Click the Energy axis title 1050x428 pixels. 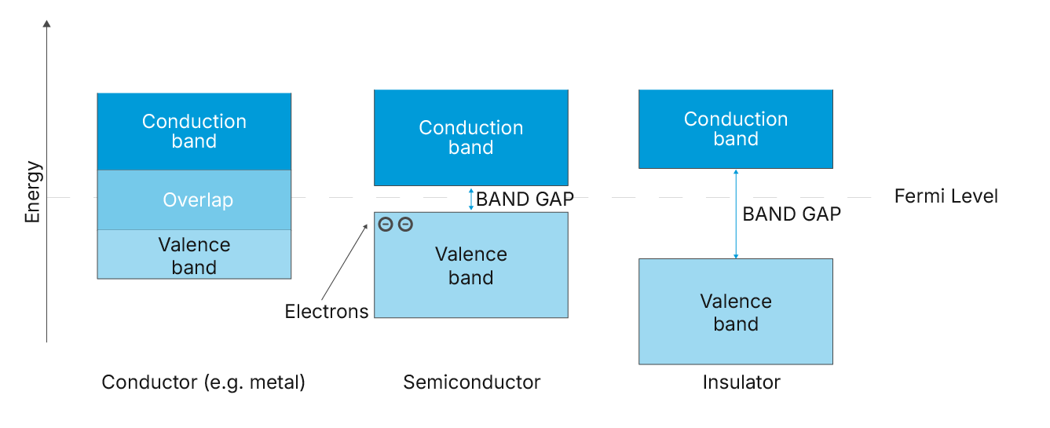tap(32, 192)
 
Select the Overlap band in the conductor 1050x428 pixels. tap(194, 200)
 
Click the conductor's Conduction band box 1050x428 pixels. tap(194, 131)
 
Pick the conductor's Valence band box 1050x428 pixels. tap(194, 255)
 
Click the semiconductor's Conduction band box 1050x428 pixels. tap(470, 137)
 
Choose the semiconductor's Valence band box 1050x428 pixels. tap(470, 265)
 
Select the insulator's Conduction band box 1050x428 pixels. tap(735, 129)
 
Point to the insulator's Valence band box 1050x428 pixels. tap(735, 312)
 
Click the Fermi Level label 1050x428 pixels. tap(946, 196)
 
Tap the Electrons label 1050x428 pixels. tap(327, 312)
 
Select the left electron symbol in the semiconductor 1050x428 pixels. tap(386, 225)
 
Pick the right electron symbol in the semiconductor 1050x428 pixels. tap(405, 225)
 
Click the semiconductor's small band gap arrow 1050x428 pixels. tap(471, 199)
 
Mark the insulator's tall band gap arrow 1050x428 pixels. tap(736, 214)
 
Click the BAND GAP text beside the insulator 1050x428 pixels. tap(792, 214)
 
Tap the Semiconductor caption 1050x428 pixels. tap(472, 382)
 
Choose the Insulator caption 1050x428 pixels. tap(741, 382)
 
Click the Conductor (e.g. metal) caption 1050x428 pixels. tap(203, 382)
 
